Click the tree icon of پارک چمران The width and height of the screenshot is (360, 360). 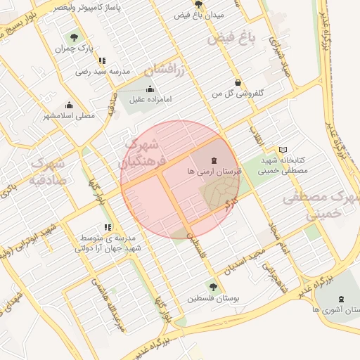74,37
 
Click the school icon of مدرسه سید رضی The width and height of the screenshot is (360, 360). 103,60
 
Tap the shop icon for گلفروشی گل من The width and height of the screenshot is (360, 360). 238,82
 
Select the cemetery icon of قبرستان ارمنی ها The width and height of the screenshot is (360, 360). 214,160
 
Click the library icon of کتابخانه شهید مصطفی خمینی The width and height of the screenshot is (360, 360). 283,149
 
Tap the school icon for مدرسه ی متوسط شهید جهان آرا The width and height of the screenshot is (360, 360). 108,227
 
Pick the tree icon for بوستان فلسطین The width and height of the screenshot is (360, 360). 212,286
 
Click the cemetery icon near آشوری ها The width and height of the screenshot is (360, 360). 342,299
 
